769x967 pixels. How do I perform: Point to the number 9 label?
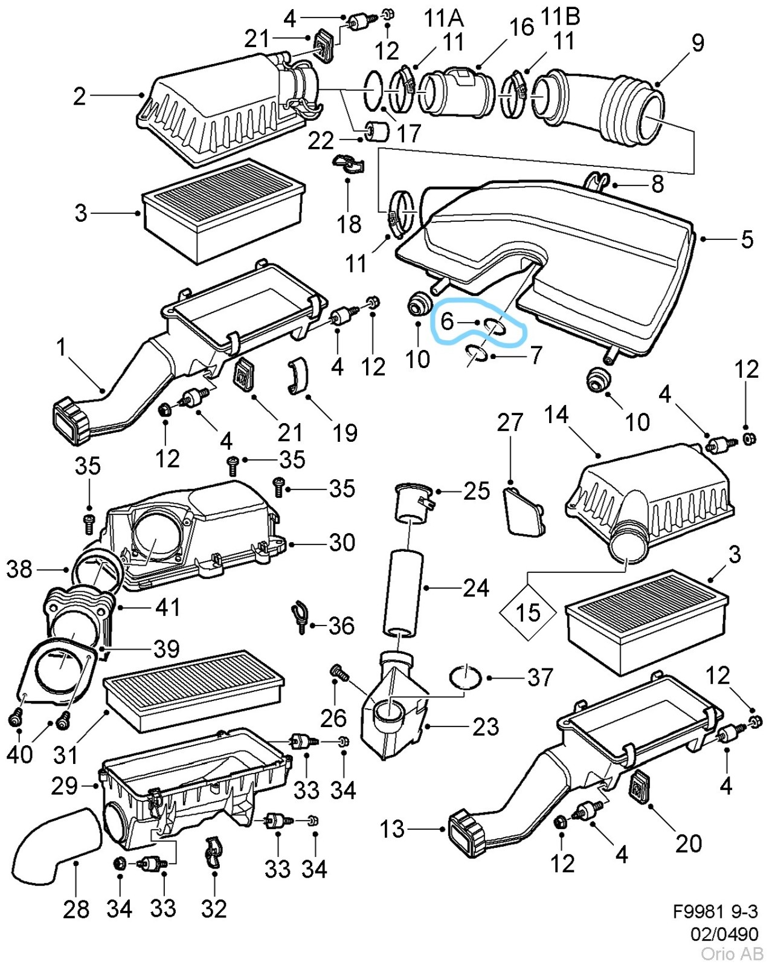coord(698,42)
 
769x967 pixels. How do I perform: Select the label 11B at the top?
coord(560,16)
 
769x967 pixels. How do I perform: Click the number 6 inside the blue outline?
coord(448,321)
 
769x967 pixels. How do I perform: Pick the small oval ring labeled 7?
coord(477,352)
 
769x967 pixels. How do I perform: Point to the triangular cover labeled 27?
coord(523,512)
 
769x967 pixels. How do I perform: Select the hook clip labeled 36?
coord(300,616)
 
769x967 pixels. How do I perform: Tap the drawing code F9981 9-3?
coord(715,911)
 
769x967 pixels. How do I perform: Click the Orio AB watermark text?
coord(732,954)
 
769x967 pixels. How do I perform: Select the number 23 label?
coord(485,726)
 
